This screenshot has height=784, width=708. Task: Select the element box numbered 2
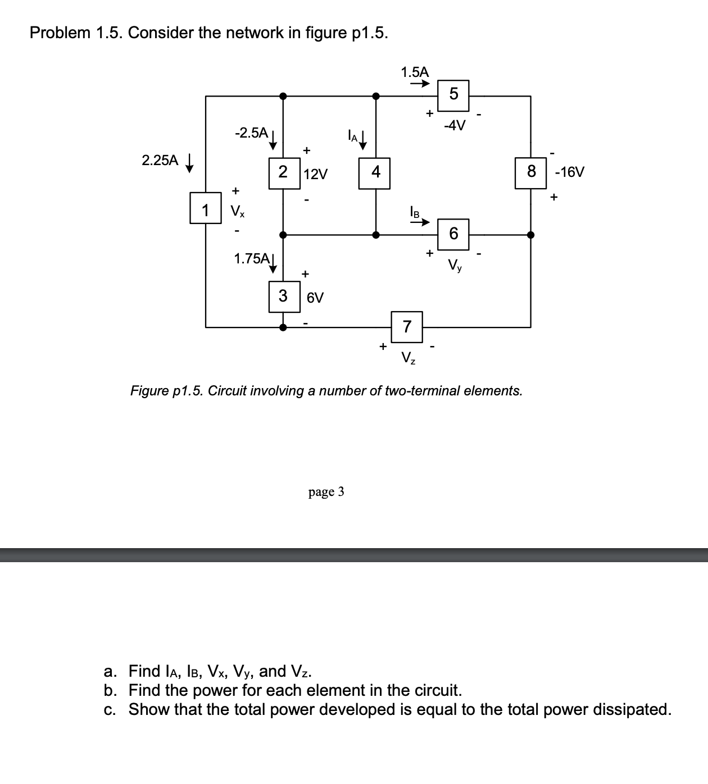(x=283, y=172)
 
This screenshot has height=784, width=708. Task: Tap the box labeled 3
(x=283, y=295)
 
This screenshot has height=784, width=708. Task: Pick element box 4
(x=375, y=172)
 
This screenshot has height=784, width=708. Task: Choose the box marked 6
(x=453, y=233)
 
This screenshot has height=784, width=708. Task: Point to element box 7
(x=407, y=326)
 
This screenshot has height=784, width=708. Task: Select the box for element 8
(x=531, y=172)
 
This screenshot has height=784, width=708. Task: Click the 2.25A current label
(x=160, y=161)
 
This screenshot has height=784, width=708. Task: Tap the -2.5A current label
(x=251, y=133)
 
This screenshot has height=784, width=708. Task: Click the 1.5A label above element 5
(x=414, y=72)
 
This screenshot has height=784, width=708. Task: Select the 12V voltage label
(x=315, y=174)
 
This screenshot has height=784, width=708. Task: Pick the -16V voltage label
(x=569, y=172)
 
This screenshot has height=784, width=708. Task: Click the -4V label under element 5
(x=454, y=126)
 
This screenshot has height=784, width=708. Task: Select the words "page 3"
(x=326, y=492)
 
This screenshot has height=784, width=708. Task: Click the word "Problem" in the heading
(x=60, y=33)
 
